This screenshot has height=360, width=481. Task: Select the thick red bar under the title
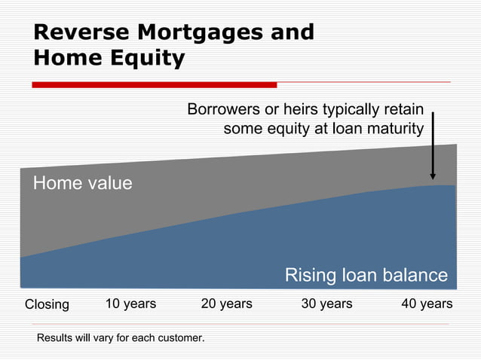click(155, 84)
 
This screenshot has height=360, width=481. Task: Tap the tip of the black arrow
click(433, 178)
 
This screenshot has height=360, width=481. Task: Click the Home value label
click(82, 183)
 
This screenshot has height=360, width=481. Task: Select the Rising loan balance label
click(366, 275)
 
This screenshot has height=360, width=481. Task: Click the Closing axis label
click(47, 305)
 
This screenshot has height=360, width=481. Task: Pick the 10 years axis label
click(130, 304)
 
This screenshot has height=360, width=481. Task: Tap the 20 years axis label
click(226, 304)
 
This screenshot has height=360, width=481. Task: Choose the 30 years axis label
click(326, 304)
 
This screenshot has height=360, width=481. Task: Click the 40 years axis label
click(427, 304)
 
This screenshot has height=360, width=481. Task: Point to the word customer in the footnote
click(180, 338)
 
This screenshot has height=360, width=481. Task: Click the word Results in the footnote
click(56, 338)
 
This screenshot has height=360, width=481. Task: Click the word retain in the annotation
click(405, 110)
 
